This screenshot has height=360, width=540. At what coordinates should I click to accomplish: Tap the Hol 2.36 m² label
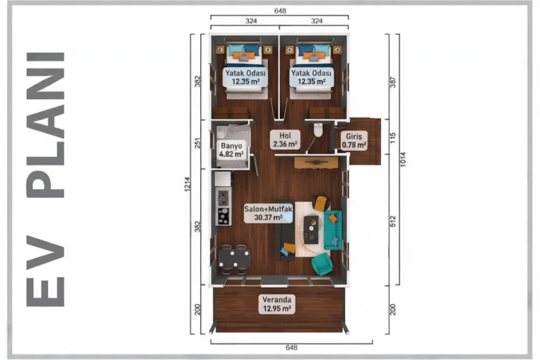pos(285,140)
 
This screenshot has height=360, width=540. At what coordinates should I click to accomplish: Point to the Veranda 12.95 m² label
pos(277,304)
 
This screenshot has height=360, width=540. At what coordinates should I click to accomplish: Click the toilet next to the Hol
pos(318,130)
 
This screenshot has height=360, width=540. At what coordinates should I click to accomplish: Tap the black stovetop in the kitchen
pos(223,216)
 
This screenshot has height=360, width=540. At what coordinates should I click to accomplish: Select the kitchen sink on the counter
pos(223,198)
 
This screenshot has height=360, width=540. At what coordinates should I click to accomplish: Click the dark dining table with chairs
pos(234,259)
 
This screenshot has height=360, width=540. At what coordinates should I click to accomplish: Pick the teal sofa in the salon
pos(333,230)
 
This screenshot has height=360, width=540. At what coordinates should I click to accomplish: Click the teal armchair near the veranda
pos(322,264)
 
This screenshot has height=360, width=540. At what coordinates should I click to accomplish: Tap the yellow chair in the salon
pos(322,203)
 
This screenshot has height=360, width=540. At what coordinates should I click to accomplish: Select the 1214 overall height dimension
pos(187,184)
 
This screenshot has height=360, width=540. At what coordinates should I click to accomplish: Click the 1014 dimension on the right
pos(403,159)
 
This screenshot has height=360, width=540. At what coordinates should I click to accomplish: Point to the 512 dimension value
pos(393,221)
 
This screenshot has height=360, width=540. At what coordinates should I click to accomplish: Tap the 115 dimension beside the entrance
pos(393,138)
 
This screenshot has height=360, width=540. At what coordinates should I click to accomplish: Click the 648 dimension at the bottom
pos(291,347)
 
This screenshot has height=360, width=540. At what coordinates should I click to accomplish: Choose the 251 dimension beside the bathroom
pos(197,143)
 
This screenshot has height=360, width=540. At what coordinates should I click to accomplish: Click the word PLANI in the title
pos(45,125)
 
